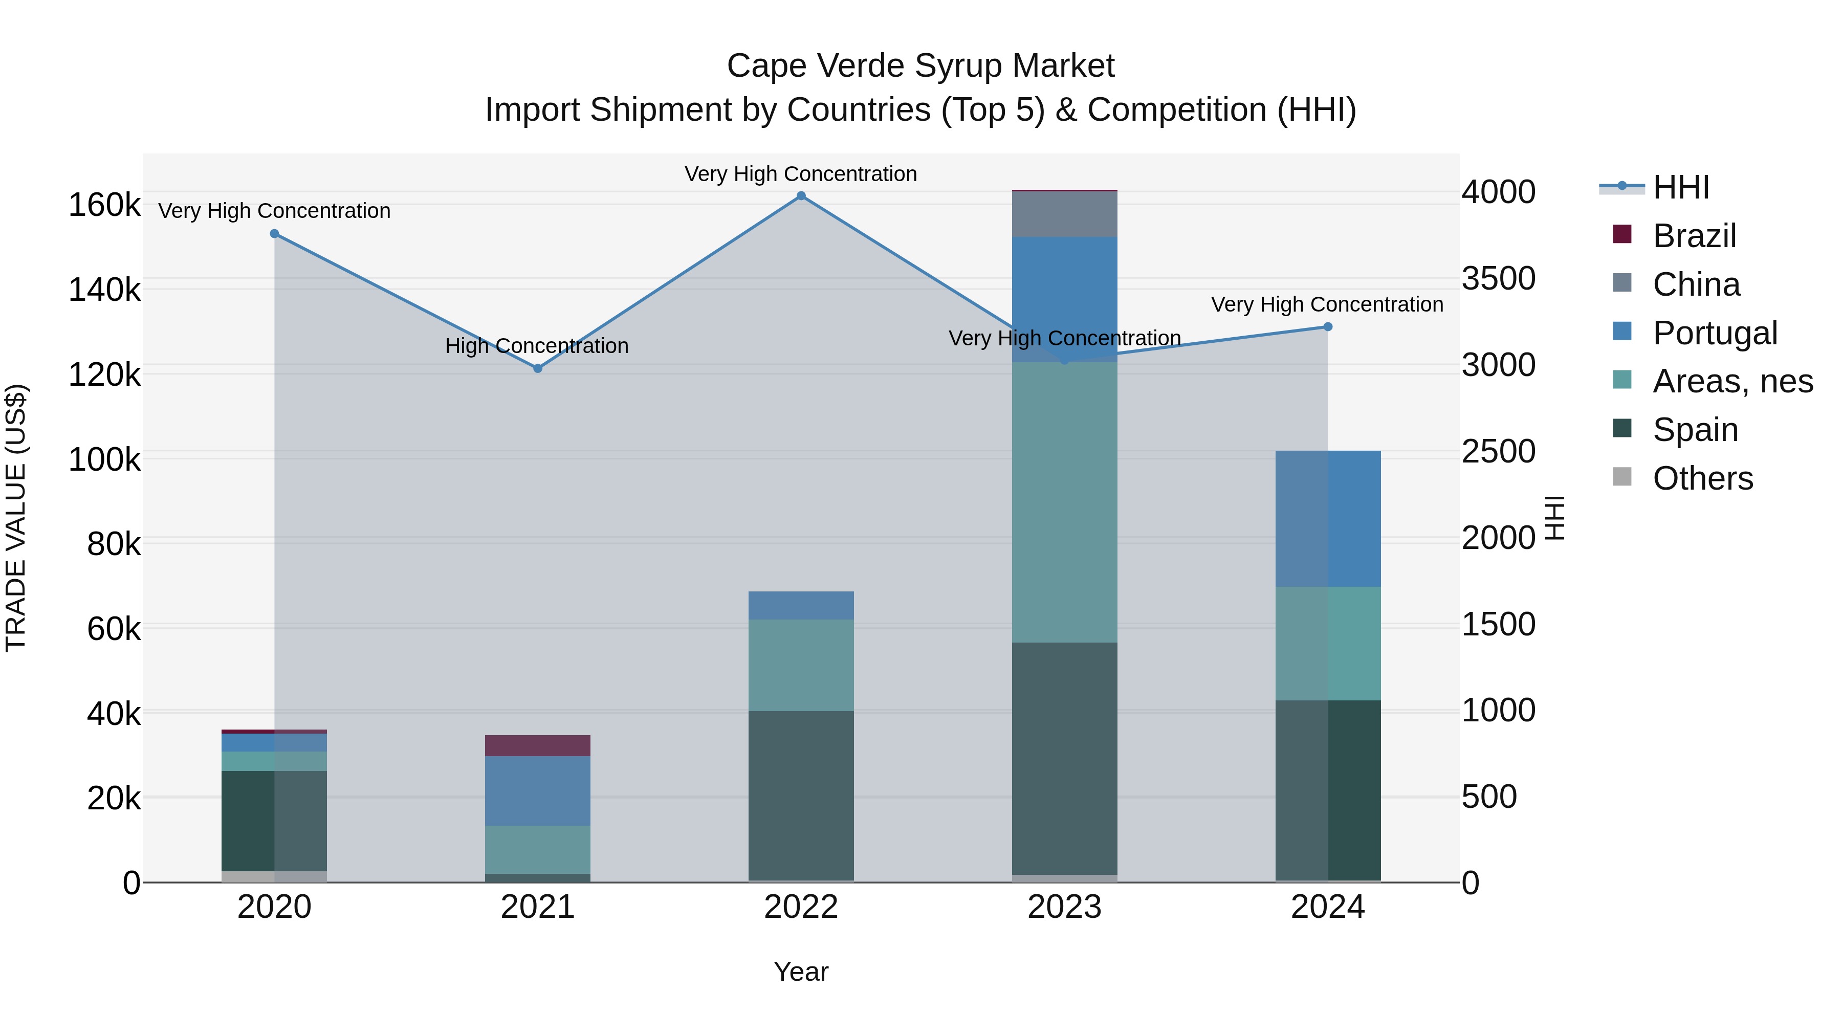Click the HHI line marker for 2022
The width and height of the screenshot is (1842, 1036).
coord(801,196)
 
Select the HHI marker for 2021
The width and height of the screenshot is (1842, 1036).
coord(538,368)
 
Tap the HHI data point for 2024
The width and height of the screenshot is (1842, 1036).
coord(1328,327)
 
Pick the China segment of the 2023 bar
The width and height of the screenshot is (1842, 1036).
coord(1065,214)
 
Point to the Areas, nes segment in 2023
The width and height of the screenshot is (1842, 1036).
coord(1065,502)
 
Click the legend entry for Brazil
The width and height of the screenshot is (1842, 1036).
coord(1694,236)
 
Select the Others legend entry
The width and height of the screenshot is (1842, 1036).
coord(1702,478)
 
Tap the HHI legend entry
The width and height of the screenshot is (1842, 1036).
coord(1680,187)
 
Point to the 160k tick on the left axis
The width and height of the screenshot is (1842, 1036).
coord(104,206)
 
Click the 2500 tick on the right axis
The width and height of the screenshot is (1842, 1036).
coord(1498,452)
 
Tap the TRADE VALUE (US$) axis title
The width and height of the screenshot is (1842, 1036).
coord(16,518)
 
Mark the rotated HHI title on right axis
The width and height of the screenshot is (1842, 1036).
coord(1556,518)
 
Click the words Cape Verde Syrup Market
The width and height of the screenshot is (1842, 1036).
coord(920,66)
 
